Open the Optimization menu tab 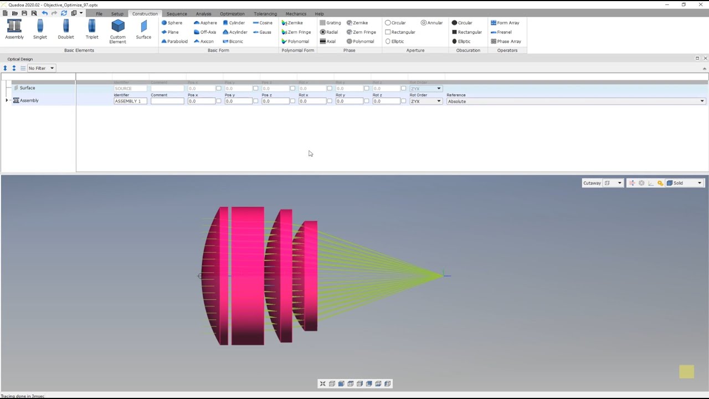[232, 14]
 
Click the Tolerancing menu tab [265, 14]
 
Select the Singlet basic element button [40, 29]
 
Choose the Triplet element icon [92, 29]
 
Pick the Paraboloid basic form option [174, 42]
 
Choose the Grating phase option [330, 23]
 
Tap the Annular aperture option [431, 23]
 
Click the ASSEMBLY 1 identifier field [130, 101]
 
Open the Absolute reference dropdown [576, 101]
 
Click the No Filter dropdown [41, 68]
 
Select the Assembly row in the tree [29, 100]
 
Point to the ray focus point [443, 274]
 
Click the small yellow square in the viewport [686, 372]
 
